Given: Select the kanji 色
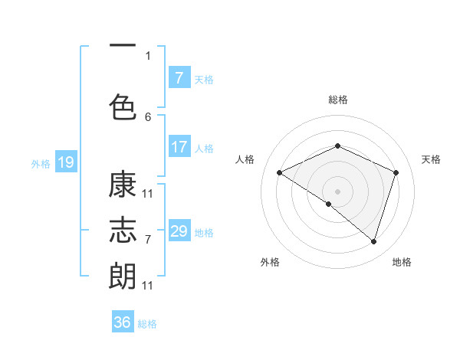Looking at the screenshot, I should click(123, 106).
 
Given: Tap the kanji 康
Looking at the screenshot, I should click(123, 186).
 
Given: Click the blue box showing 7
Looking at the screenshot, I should click(179, 78).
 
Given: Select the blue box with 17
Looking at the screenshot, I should click(179, 147).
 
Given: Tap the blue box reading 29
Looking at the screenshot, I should click(179, 231).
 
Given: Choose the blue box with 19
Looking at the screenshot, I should click(65, 162).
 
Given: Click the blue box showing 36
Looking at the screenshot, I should click(123, 322).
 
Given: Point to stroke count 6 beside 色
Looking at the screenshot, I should click(148, 116).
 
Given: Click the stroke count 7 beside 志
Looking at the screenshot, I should click(148, 239).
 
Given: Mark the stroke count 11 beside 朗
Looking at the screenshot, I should click(148, 285).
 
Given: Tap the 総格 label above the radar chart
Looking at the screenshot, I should click(337, 100).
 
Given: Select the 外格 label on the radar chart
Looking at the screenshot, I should click(270, 262).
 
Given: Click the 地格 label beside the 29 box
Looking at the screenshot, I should click(204, 232).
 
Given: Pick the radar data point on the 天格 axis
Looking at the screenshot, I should click(396, 172).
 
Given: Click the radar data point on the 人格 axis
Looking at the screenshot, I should click(280, 172).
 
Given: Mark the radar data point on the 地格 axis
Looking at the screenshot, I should click(373, 241).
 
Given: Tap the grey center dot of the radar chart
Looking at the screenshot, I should click(337, 191).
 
